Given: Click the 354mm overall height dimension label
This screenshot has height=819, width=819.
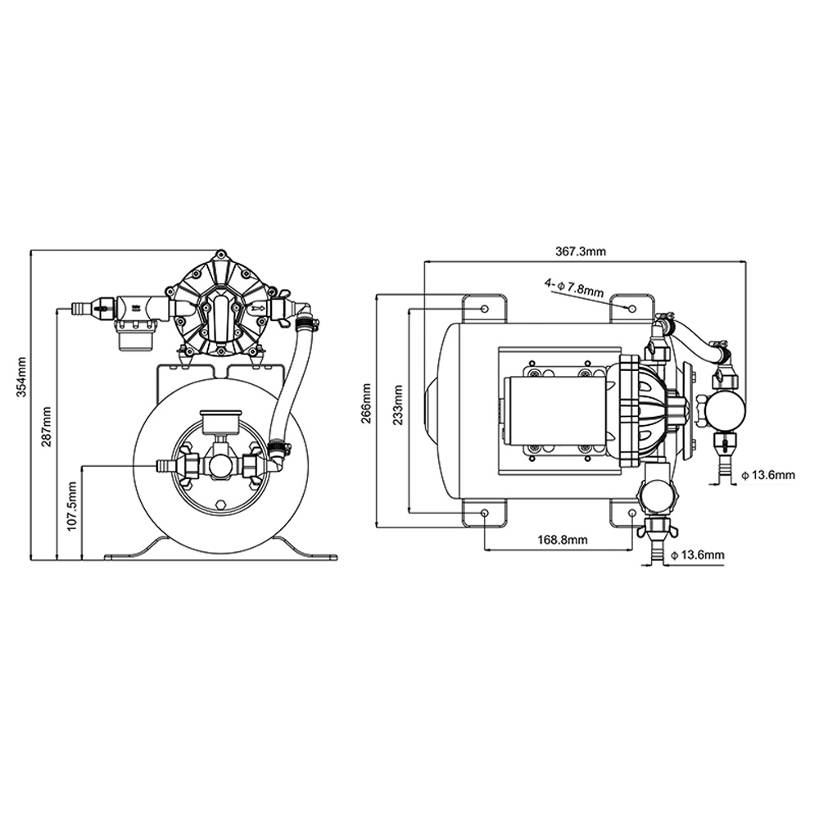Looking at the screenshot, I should (x=22, y=381).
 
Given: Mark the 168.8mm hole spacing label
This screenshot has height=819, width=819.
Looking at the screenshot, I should (x=563, y=540).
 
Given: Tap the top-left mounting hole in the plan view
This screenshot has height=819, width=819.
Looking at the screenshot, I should (x=485, y=308).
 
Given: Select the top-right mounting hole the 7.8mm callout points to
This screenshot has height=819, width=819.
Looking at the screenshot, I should (x=631, y=308).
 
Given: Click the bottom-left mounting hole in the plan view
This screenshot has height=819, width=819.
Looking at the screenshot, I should (x=485, y=513).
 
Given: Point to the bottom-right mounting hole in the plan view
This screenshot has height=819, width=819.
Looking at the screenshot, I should (x=631, y=513).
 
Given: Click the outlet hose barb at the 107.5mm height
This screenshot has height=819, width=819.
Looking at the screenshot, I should (x=164, y=466).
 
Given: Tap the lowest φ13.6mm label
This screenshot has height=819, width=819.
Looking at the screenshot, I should (x=698, y=556).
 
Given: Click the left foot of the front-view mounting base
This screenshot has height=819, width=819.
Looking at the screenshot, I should (x=131, y=553).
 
